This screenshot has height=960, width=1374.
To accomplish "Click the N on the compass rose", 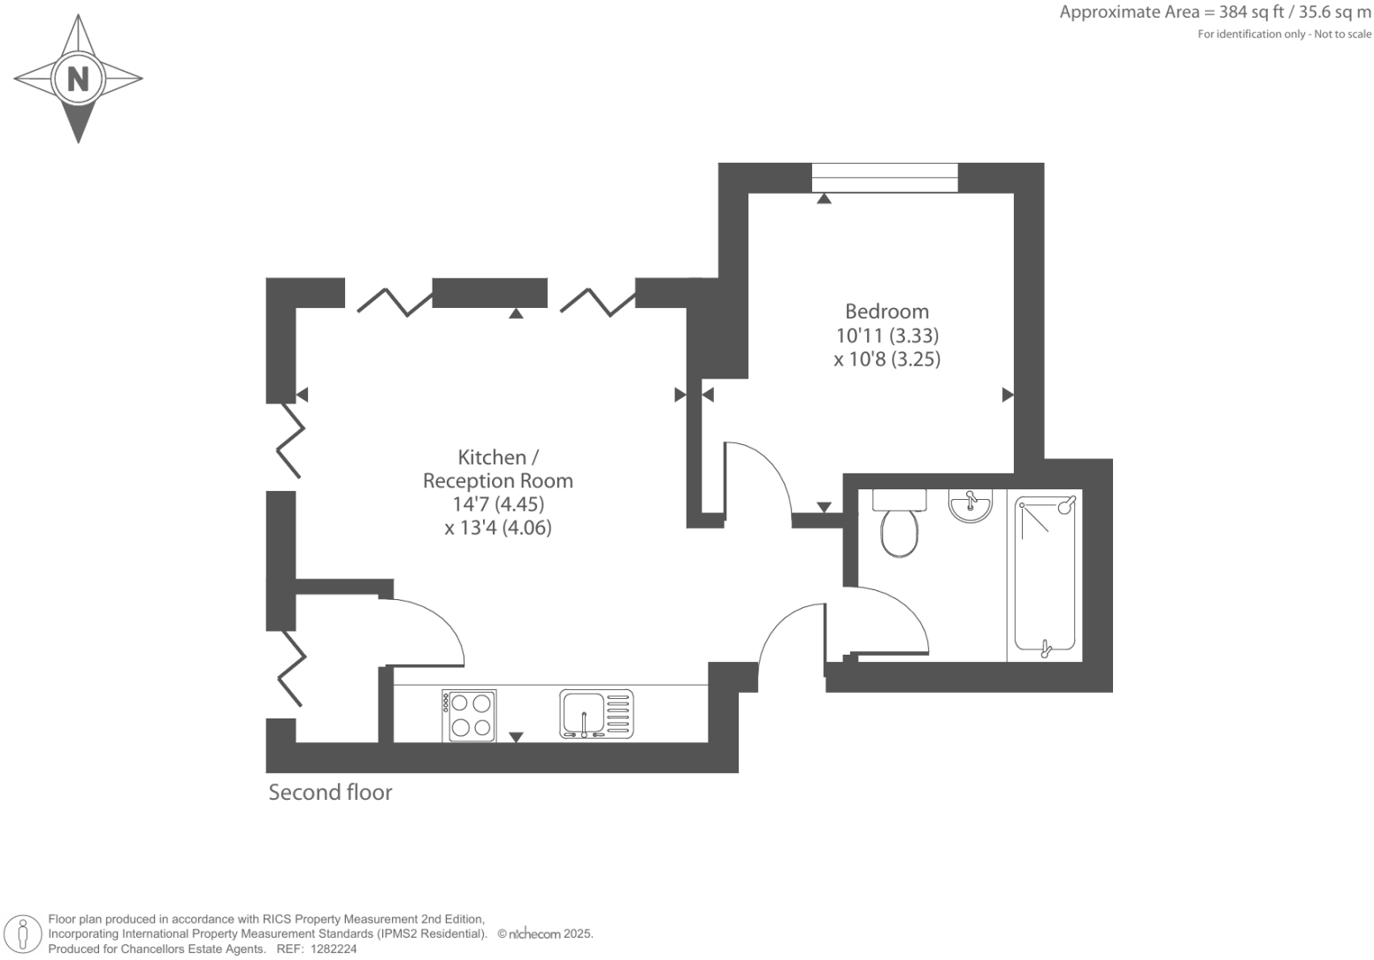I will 78,79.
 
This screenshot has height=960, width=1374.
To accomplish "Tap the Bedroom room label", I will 887,311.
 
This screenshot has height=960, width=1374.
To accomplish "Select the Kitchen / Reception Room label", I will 497,469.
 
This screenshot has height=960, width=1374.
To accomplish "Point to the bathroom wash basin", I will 971,505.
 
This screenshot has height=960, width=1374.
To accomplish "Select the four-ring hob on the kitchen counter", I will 469,715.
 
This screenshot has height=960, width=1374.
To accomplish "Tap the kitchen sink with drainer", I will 596,714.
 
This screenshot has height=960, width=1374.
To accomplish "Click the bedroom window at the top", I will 884,177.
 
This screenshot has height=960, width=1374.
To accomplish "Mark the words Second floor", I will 330,792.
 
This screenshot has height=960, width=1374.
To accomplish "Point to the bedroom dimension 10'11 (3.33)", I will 887,335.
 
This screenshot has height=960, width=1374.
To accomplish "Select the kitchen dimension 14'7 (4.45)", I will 497,504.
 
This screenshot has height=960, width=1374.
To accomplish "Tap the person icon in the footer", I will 24,934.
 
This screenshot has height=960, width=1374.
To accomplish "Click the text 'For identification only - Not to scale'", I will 1284,35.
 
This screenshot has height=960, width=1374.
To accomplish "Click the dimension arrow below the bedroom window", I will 824,199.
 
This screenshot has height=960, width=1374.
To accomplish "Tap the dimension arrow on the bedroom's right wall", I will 1007,395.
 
